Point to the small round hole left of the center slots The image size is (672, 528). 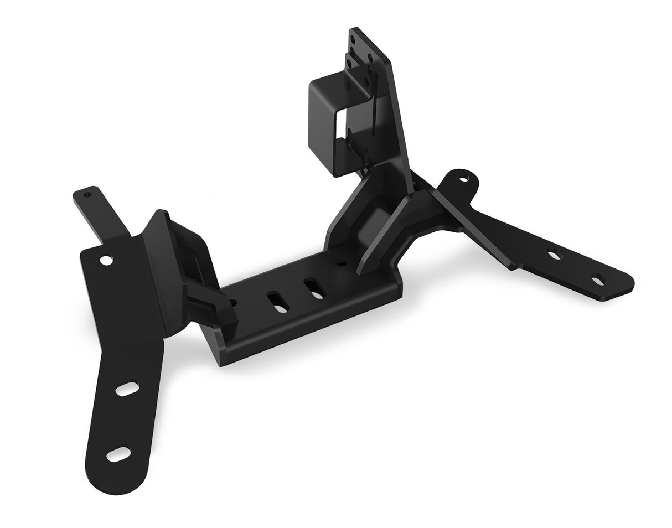pos(234,303)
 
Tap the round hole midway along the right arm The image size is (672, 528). pos(554,255)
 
